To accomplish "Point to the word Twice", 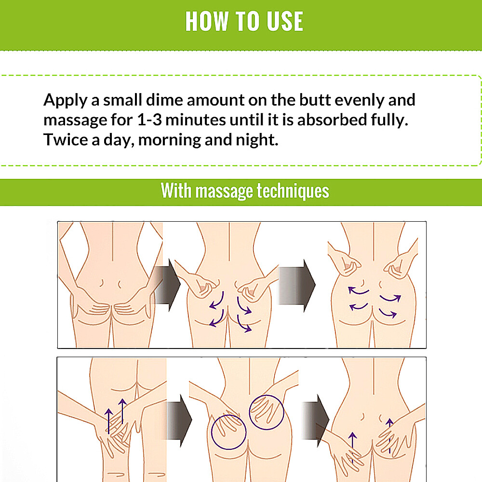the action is click(x=66, y=140).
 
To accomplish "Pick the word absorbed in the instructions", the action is click(x=332, y=120).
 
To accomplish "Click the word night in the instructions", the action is click(x=257, y=140).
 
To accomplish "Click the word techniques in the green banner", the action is click(x=293, y=191).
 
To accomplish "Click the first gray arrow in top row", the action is click(x=168, y=285).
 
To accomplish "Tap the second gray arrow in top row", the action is click(x=296, y=285).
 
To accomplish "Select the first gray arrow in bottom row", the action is click(x=179, y=420).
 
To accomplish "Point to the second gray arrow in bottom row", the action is click(x=316, y=420).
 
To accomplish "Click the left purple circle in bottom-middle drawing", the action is click(x=212, y=432).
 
